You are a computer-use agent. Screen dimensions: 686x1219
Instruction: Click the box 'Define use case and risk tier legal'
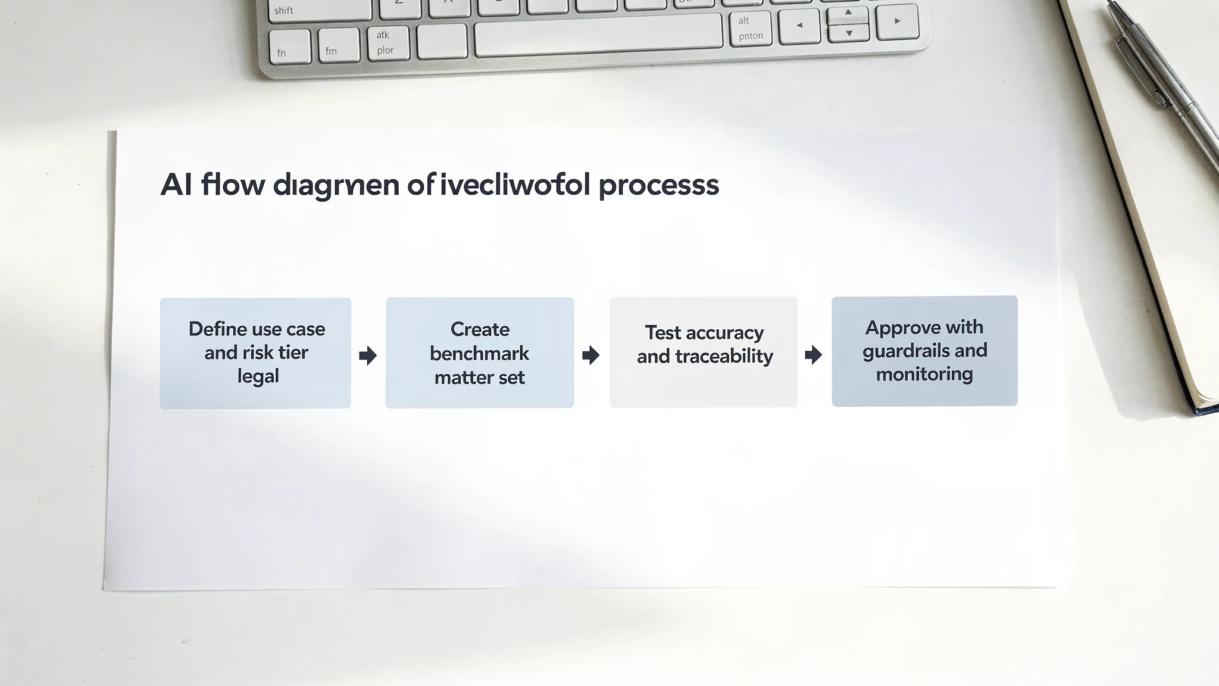click(255, 353)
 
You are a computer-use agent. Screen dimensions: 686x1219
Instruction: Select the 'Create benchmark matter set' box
click(480, 353)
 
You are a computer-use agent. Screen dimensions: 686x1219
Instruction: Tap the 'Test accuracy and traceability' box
click(704, 352)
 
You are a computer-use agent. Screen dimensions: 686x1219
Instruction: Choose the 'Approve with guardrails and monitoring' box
click(924, 351)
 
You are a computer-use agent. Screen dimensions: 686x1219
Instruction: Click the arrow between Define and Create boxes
click(368, 356)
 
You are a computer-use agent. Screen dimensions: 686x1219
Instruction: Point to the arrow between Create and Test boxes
click(590, 356)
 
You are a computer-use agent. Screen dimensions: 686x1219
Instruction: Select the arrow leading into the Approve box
click(813, 356)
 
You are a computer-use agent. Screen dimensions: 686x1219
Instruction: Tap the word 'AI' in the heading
click(176, 185)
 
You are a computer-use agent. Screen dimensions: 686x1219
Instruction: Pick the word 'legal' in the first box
click(258, 376)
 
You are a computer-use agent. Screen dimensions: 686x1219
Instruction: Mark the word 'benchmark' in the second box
click(479, 353)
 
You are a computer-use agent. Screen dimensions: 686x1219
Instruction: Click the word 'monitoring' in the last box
click(924, 374)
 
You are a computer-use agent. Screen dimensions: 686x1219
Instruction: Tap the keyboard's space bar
click(598, 34)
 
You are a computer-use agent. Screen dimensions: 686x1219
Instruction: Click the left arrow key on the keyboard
click(799, 26)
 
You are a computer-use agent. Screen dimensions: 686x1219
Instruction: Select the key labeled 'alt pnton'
click(750, 28)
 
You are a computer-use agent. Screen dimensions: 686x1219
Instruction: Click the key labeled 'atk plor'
click(385, 42)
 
